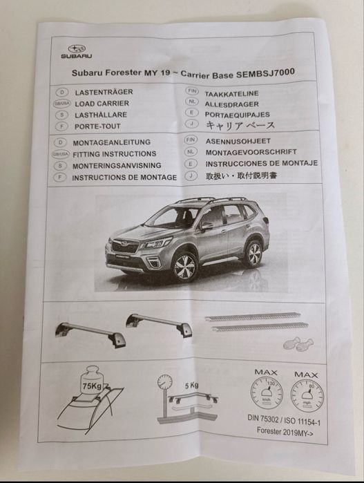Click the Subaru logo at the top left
coord(75,49)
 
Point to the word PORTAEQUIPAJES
coord(238,114)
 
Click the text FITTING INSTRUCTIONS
coord(114,154)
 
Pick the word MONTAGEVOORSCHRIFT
coord(251,151)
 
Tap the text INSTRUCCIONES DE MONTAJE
coord(261,163)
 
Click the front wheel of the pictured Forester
coord(185,266)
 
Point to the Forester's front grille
coord(125,247)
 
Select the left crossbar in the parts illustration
coord(90,334)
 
